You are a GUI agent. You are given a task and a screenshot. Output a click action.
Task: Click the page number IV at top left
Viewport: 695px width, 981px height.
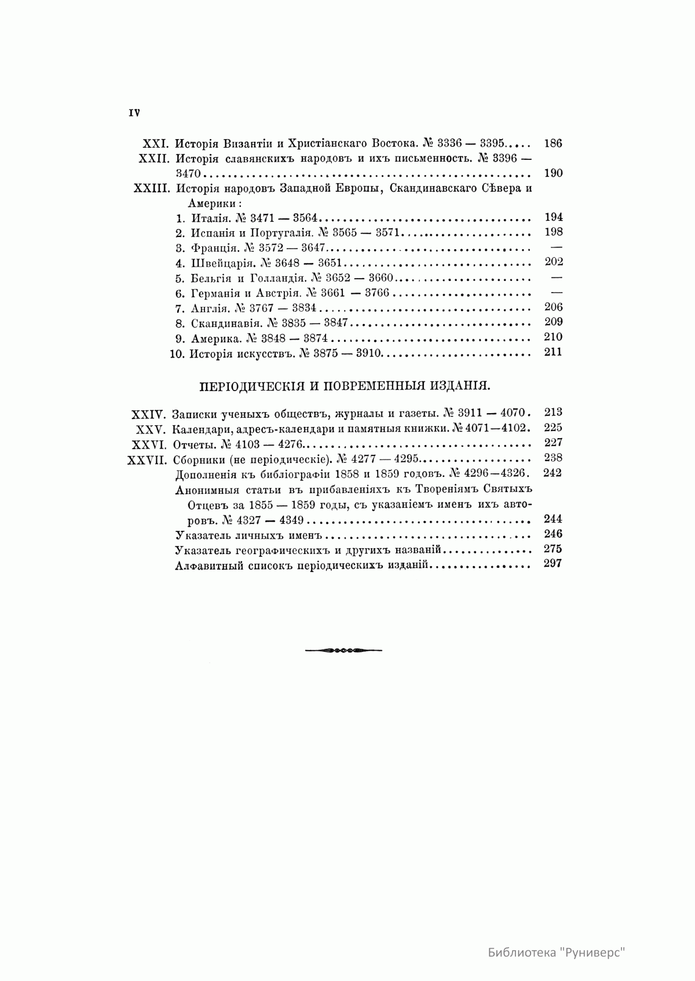coord(134,114)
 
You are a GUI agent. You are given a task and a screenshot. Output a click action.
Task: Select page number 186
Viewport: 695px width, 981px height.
coord(553,144)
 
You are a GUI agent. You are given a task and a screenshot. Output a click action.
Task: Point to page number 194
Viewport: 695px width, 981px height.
coord(553,218)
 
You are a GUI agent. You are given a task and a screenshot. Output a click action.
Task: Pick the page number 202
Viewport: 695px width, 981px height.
coord(553,262)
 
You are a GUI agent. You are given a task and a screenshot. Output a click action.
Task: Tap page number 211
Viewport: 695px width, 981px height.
coord(553,352)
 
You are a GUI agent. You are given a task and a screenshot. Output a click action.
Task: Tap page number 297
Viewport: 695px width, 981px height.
coord(553,564)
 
